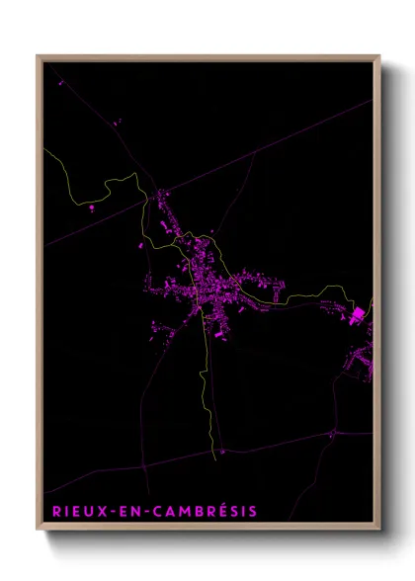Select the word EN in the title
point(124,511)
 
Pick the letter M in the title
point(182,511)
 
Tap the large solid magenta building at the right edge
point(358,315)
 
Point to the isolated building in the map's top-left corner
point(60,83)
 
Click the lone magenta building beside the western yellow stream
point(93,208)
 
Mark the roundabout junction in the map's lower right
point(333,433)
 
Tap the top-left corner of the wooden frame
point(38,56)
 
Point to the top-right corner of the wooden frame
point(379,56)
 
